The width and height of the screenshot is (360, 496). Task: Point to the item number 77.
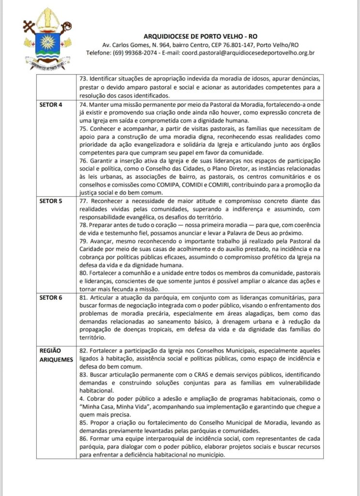point(83,200)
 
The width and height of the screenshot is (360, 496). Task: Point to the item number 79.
point(83,241)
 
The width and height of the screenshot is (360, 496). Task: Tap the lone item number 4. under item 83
point(80,400)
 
